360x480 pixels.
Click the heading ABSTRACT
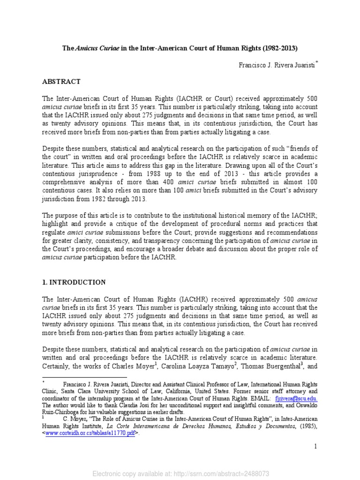pyautogui.click(x=61, y=82)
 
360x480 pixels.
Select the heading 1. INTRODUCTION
pyautogui.click(x=74, y=282)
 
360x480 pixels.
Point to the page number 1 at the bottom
pyautogui.click(x=316, y=446)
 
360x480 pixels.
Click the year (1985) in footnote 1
pyautogui.click(x=308, y=426)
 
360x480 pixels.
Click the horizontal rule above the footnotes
pyautogui.click(x=84, y=376)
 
